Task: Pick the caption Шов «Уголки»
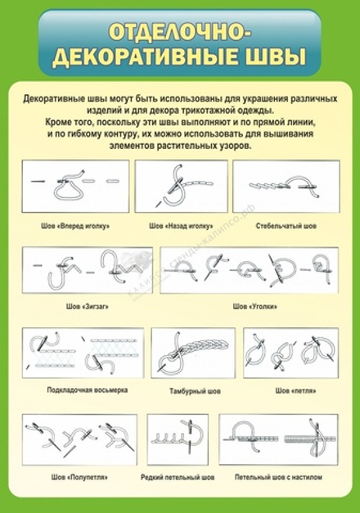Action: (x=250, y=307)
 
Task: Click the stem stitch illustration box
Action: (x=286, y=187)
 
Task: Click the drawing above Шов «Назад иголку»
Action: (x=180, y=187)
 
